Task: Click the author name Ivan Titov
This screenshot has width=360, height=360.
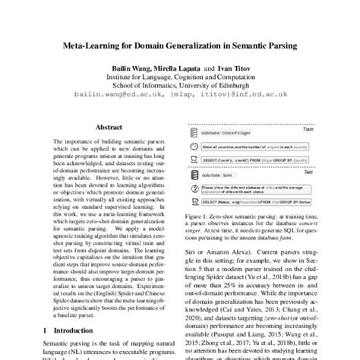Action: coord(238,68)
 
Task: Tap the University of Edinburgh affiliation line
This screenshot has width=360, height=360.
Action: coord(180,86)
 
